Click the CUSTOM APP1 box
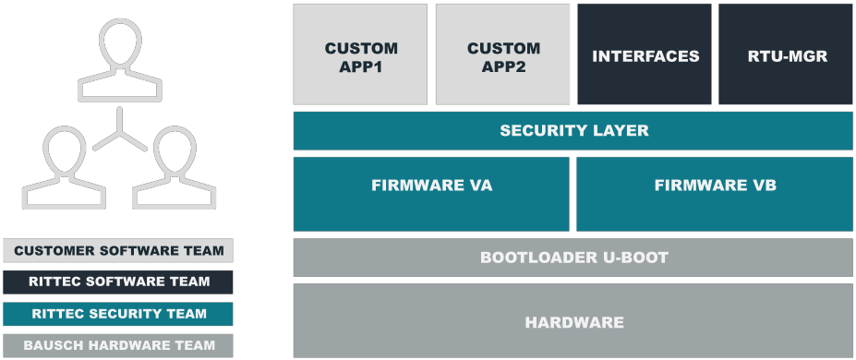click(360, 54)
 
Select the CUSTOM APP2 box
click(502, 54)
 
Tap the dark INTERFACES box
click(645, 54)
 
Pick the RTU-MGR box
click(786, 54)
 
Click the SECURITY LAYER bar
click(573, 131)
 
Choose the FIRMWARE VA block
click(431, 194)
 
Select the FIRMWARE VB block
click(714, 194)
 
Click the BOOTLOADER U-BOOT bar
click(573, 258)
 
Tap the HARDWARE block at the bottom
click(573, 321)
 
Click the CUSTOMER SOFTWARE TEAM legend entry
click(118, 250)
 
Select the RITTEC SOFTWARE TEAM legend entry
click(118, 282)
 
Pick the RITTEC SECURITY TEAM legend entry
click(118, 314)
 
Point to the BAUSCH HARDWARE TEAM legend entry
click(118, 346)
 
